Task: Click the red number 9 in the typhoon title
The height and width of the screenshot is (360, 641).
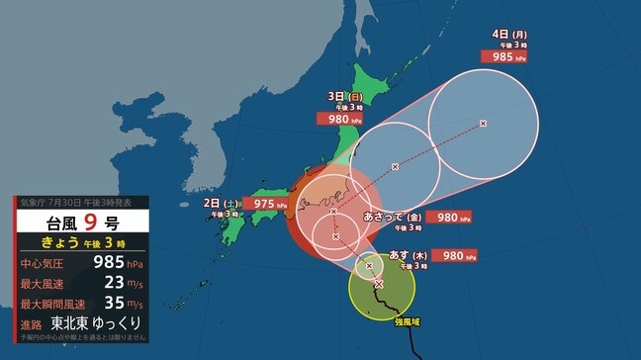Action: [89, 223]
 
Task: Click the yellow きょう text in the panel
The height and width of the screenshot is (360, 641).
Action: [57, 243]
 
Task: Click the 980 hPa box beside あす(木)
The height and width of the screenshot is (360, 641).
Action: [454, 256]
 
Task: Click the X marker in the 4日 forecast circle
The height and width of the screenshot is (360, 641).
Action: [483, 124]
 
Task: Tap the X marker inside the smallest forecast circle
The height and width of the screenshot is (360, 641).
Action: [369, 265]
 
